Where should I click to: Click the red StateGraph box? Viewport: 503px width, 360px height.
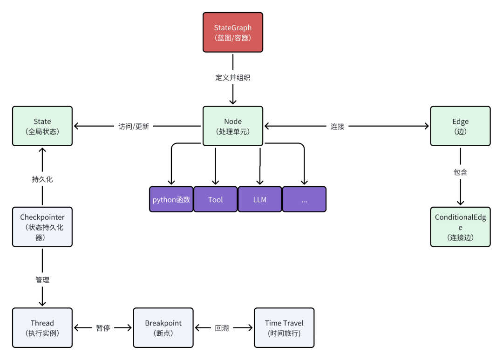point(233,32)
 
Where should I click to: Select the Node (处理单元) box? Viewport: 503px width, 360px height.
point(233,126)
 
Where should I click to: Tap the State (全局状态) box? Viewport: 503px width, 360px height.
point(42,126)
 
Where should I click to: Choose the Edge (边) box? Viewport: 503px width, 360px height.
point(460,126)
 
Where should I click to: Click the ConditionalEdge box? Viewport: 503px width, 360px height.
point(460,227)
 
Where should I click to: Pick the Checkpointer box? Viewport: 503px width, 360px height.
point(42,227)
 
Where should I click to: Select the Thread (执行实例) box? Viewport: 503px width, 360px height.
point(42,327)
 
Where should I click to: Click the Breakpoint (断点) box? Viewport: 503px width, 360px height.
point(163,327)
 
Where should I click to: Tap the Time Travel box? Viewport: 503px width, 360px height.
point(284,327)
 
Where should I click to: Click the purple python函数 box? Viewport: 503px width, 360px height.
point(171,199)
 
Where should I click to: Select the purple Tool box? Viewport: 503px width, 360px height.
point(215,199)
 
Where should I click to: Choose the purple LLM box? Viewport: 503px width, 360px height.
point(260,199)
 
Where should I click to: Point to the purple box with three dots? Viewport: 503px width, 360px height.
point(304,199)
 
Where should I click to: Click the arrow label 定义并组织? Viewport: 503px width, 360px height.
point(233,78)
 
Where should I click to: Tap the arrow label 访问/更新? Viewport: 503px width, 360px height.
point(134,126)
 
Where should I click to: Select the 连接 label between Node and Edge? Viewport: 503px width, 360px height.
point(338,126)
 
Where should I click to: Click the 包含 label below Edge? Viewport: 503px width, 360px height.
point(460,172)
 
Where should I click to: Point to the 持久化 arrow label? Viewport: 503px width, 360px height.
point(42,179)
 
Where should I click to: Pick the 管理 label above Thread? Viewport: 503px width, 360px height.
point(42,280)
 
